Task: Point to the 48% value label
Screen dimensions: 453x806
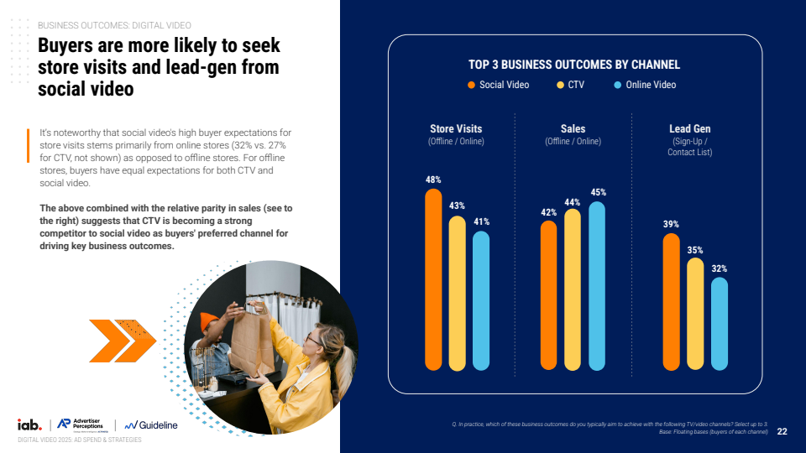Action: coord(433,180)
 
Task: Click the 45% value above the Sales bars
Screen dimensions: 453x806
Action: coord(598,192)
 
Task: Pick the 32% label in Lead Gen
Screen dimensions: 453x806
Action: coord(720,268)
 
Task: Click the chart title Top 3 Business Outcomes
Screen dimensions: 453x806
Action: coord(573,65)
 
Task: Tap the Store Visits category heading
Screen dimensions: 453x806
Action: coord(456,129)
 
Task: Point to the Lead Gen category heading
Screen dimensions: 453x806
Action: coord(689,129)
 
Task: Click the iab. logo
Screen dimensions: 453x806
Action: coord(29,425)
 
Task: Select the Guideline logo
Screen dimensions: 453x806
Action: coord(151,425)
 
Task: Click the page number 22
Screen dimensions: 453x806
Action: coord(782,431)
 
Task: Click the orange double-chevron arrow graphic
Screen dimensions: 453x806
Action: coord(118,341)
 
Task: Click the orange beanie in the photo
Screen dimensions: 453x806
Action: coord(209,321)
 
